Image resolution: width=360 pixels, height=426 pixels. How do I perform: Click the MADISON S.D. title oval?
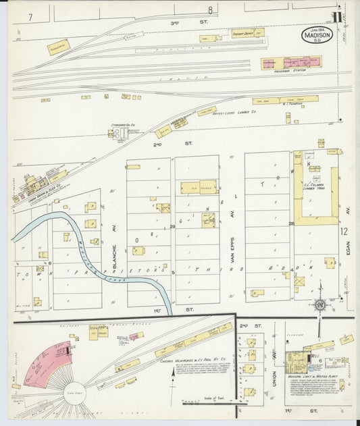coord(317,35)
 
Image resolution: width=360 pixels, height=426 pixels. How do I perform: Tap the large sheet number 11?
coord(336,17)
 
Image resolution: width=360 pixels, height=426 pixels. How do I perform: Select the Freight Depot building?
coord(247,32)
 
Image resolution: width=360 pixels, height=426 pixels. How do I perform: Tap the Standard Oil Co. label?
coord(123,125)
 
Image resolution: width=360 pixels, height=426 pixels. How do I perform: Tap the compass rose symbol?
coord(319,304)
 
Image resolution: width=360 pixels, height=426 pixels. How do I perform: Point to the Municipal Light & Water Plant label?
coord(308,375)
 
